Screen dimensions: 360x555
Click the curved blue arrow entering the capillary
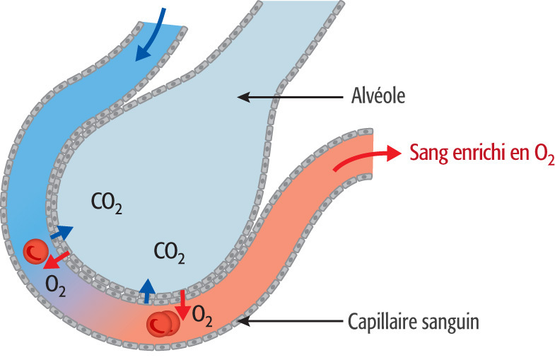pyautogui.click(x=156, y=32)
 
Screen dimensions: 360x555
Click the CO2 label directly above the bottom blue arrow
pyautogui.click(x=170, y=252)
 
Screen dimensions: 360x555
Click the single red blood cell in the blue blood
pyautogui.click(x=34, y=250)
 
